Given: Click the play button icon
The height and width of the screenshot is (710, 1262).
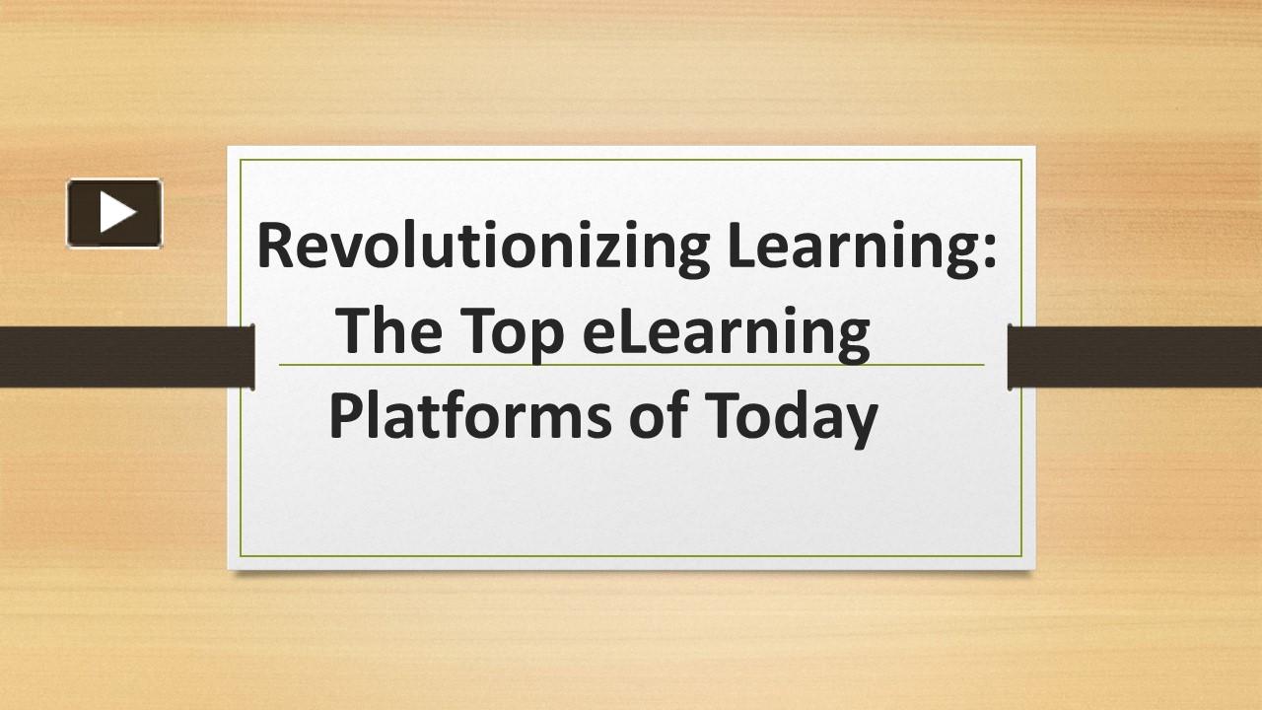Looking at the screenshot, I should [x=114, y=212].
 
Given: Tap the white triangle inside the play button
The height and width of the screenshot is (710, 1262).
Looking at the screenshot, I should [x=116, y=212].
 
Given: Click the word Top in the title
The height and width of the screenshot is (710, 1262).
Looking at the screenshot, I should [x=512, y=333].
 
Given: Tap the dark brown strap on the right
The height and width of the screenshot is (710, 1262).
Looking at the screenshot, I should [x=1135, y=356].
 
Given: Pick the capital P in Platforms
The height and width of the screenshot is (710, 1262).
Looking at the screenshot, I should [x=343, y=415].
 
